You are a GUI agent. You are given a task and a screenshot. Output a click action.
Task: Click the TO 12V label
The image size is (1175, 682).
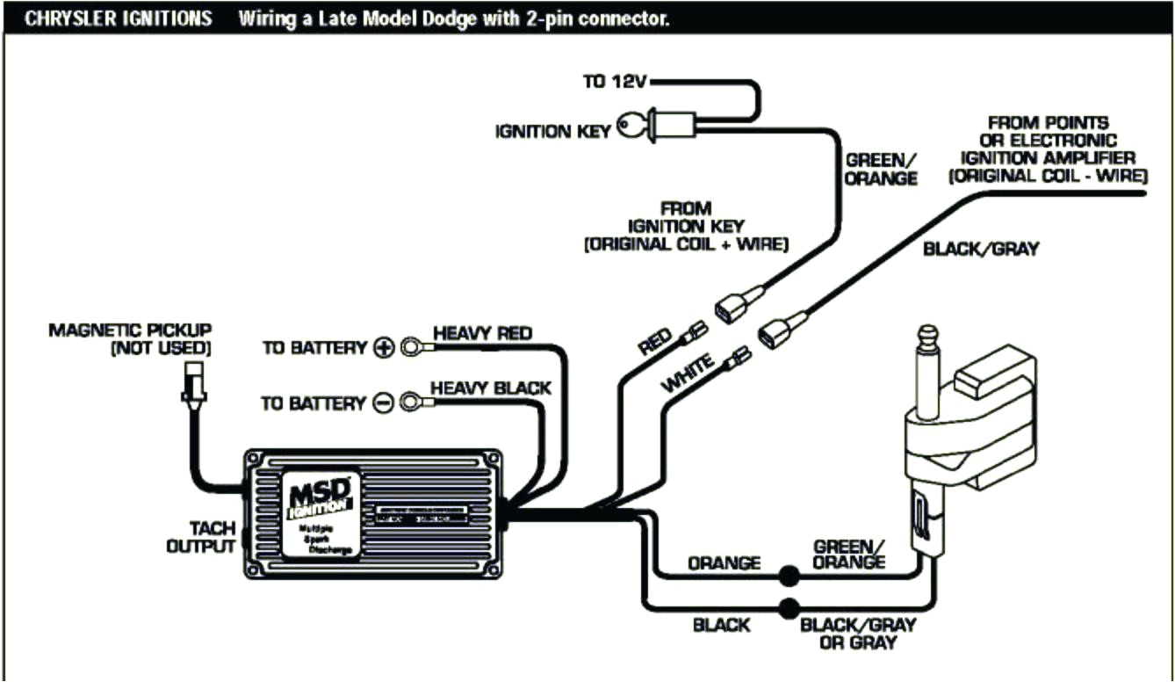[615, 82]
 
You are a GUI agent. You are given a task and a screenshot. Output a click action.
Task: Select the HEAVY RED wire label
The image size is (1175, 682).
[482, 333]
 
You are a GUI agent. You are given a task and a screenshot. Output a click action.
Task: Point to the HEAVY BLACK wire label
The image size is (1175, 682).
[490, 388]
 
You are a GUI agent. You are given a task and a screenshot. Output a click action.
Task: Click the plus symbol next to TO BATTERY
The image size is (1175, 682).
[384, 348]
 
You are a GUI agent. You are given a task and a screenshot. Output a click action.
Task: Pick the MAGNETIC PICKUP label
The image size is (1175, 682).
[130, 338]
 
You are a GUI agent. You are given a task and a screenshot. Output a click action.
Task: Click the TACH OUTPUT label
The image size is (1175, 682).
[201, 537]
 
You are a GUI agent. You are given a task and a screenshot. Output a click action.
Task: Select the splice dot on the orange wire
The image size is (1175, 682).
[789, 577]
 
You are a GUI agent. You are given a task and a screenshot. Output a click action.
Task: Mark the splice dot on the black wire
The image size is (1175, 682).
[789, 608]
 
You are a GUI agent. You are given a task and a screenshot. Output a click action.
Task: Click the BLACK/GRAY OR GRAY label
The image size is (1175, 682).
[857, 634]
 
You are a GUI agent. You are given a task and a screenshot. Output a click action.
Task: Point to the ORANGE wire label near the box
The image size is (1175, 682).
[724, 563]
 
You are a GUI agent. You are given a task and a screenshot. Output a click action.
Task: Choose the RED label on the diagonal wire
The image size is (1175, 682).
[655, 340]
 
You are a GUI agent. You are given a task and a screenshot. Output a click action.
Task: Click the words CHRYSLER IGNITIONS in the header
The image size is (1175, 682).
[118, 18]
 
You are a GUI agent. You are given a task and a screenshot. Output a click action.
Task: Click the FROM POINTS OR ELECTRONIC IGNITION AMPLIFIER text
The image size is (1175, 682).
[1047, 149]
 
